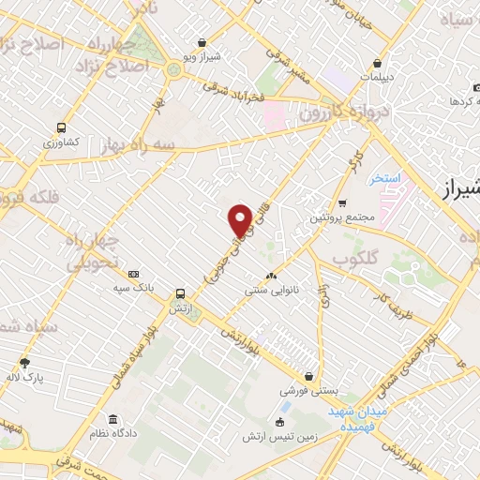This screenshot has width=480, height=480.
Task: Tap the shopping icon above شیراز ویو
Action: click(202, 41)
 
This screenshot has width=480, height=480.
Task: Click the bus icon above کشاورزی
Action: click(61, 127)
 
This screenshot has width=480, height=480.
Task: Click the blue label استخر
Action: click(384, 177)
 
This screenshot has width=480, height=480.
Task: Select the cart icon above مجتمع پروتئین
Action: click(342, 202)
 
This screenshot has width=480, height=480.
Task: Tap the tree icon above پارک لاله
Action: click(24, 363)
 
